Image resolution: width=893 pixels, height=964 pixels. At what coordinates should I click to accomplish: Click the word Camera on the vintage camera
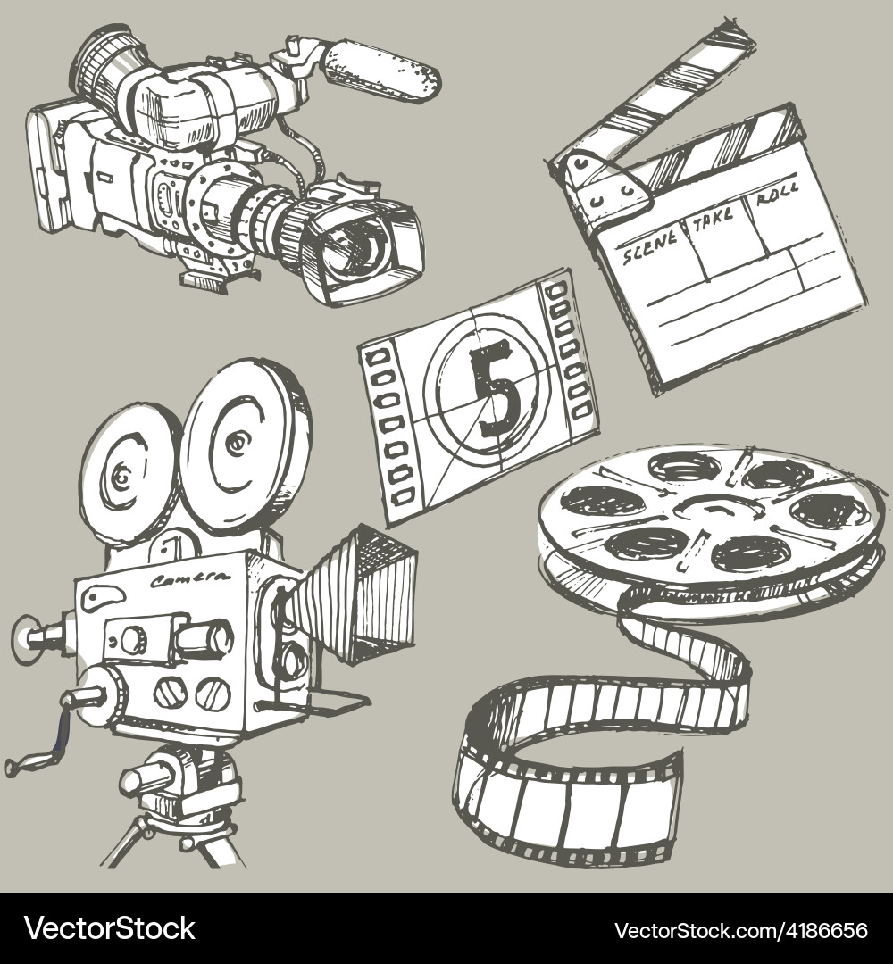[x=190, y=581]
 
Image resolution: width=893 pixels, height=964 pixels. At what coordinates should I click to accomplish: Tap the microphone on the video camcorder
[x=381, y=69]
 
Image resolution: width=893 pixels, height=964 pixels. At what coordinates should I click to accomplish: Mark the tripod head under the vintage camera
[x=179, y=785]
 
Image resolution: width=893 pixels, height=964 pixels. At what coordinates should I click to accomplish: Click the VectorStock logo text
[x=109, y=928]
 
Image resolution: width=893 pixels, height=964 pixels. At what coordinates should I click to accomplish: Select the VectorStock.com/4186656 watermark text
[x=740, y=930]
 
